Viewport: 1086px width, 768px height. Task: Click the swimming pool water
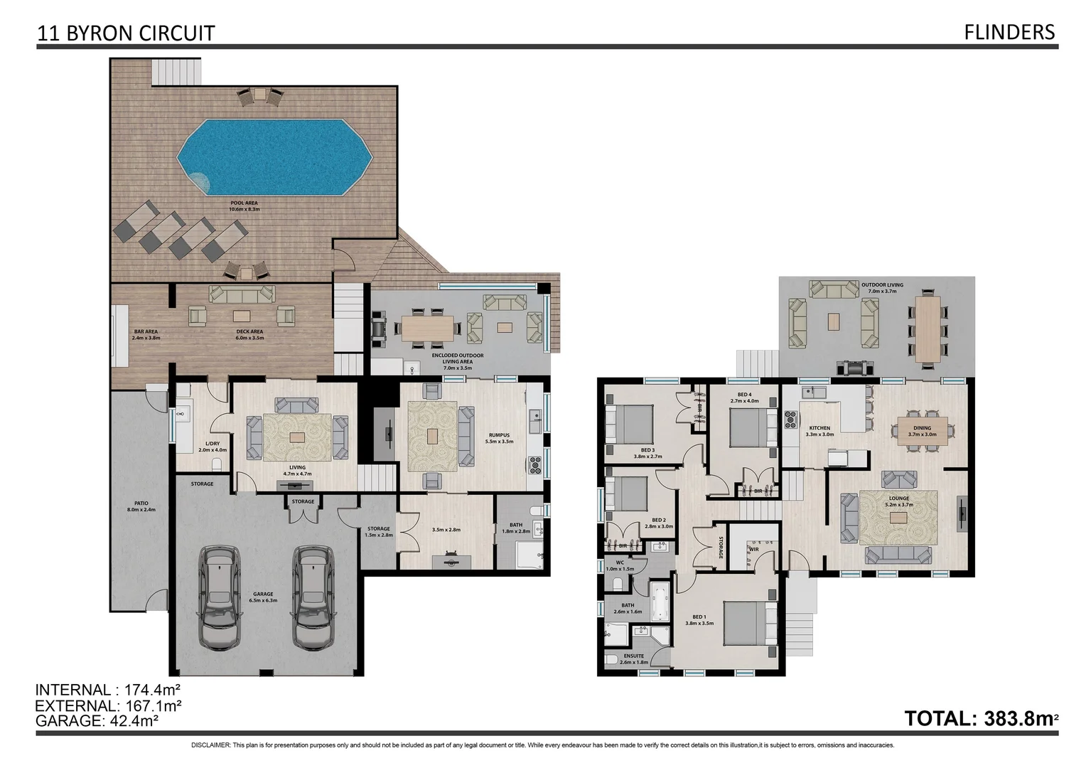(274, 158)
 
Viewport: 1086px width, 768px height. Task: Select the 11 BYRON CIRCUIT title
(126, 33)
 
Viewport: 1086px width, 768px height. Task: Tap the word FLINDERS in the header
(1009, 32)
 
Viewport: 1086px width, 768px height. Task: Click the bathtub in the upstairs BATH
(659, 595)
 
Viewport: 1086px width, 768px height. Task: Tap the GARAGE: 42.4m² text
(97, 720)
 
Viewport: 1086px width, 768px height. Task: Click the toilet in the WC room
(617, 584)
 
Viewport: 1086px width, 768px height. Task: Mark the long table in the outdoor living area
(928, 328)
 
